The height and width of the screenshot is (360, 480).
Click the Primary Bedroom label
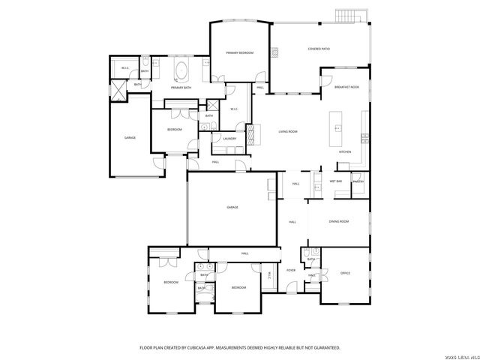(x=240, y=52)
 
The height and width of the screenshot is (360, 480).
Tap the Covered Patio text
(x=319, y=49)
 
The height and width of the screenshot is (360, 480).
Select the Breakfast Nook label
(x=346, y=88)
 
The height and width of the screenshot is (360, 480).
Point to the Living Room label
(x=289, y=131)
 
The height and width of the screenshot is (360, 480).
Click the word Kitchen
(x=345, y=151)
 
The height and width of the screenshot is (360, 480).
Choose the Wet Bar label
(x=336, y=181)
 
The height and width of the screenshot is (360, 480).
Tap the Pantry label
(x=358, y=181)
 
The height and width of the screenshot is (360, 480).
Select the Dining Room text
(x=340, y=221)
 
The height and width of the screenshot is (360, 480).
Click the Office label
(x=346, y=273)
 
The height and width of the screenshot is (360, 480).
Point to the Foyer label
(x=291, y=270)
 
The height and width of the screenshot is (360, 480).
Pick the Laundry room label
(x=229, y=138)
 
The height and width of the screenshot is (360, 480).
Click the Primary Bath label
(x=180, y=88)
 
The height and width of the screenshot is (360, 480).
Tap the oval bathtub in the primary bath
(x=181, y=71)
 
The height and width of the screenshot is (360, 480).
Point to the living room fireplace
(x=251, y=134)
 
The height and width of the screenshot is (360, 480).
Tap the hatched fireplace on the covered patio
(x=275, y=52)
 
